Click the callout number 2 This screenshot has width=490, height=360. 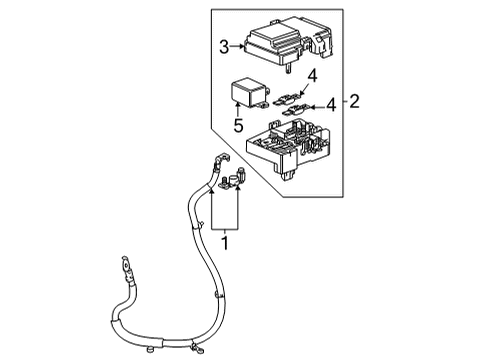pyautogui.click(x=353, y=101)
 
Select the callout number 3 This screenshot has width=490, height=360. pyautogui.click(x=225, y=44)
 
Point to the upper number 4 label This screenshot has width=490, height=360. pyautogui.click(x=312, y=75)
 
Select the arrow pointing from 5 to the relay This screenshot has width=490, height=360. pyautogui.click(x=241, y=111)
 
